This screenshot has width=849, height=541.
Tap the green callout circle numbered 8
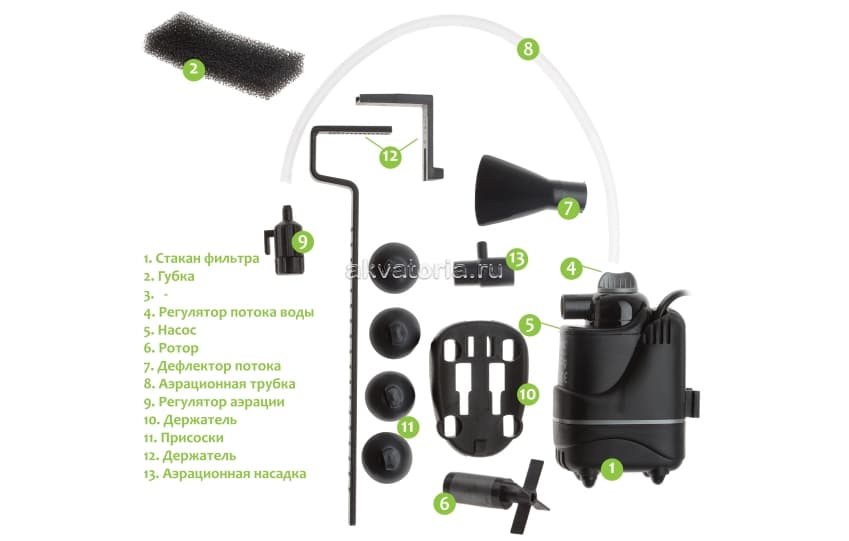click(529, 48)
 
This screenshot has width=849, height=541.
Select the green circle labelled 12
click(391, 155)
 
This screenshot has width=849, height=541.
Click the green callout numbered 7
click(568, 209)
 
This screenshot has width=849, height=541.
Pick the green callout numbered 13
click(515, 258)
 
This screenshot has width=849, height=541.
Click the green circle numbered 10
click(528, 392)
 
